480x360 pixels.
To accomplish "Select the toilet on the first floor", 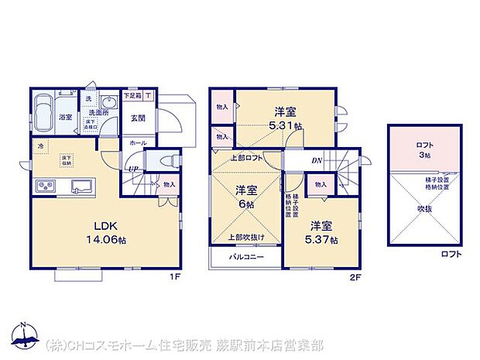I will [x=162, y=161].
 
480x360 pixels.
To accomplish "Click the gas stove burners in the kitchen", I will [x=44, y=187].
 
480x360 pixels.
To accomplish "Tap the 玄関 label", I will [x=138, y=118].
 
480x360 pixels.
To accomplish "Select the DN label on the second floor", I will [x=316, y=160].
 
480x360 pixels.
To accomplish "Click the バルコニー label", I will [x=245, y=256].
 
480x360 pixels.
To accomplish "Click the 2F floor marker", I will [x=355, y=273].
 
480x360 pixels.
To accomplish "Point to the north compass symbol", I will [x=23, y=333].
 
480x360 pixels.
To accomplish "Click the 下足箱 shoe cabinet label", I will [x=132, y=97].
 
